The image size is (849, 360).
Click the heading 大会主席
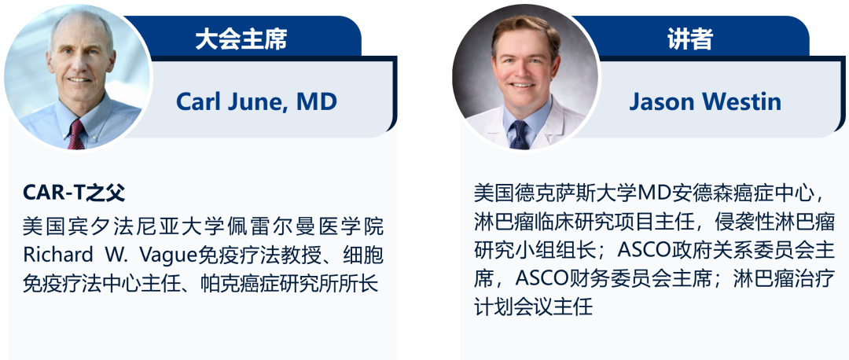(x=241, y=39)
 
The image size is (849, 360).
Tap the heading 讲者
(x=690, y=39)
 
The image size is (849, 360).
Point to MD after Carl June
(x=317, y=101)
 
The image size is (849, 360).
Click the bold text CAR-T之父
(x=74, y=192)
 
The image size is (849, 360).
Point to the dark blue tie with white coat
(x=520, y=134)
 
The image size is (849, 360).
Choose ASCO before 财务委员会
(x=540, y=279)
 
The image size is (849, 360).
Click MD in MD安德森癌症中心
(x=655, y=193)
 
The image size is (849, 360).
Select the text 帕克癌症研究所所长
(x=286, y=284)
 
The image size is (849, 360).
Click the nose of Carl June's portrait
(x=79, y=67)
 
